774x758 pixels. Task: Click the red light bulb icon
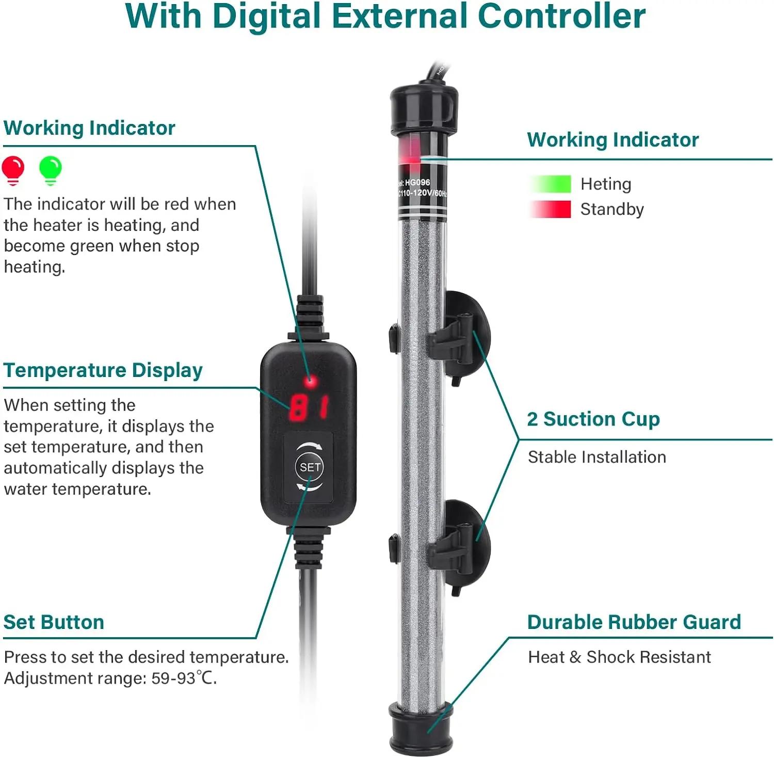(13, 170)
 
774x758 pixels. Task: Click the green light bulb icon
(50, 170)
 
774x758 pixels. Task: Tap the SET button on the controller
(310, 467)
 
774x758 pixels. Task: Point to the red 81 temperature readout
(309, 407)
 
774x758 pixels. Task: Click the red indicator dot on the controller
(310, 382)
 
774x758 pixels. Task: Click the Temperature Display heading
(103, 370)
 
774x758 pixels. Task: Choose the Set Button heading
(54, 622)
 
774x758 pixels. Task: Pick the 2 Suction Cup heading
(593, 419)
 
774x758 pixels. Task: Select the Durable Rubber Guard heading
(634, 622)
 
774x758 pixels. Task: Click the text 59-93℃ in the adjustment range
(184, 678)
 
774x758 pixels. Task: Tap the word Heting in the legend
(606, 184)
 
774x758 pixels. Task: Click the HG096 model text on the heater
(417, 182)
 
